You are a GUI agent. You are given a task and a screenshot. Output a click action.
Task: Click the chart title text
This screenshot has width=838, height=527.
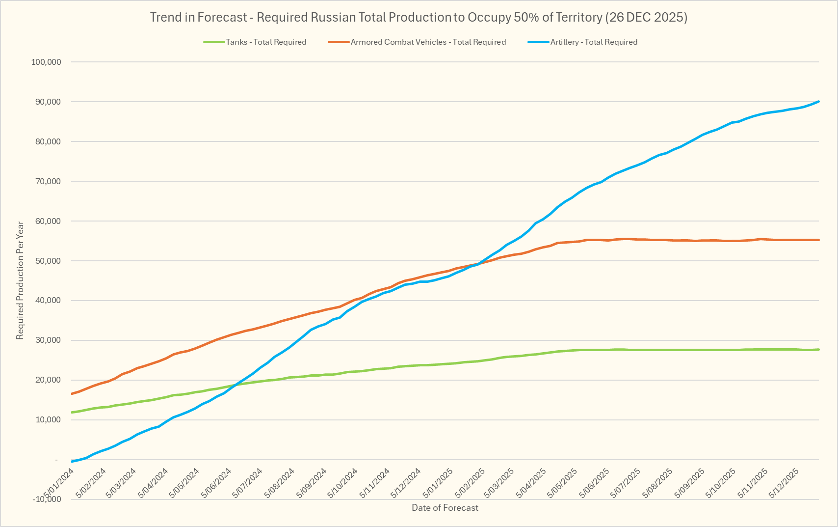pyautogui.click(x=419, y=18)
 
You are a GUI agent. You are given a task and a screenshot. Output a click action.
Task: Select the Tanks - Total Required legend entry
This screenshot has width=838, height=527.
pyautogui.click(x=265, y=42)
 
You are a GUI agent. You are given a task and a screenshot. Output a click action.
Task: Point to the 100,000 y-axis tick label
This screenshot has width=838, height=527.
pyautogui.click(x=46, y=62)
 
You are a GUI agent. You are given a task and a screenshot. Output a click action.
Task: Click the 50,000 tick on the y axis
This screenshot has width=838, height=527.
pyautogui.click(x=48, y=261)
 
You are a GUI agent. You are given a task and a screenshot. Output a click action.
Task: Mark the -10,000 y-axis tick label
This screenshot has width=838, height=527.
pyautogui.click(x=46, y=499)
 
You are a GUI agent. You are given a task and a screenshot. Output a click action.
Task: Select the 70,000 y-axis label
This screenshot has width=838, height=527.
pyautogui.click(x=48, y=181)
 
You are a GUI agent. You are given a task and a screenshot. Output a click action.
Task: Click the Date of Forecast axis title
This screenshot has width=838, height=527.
pyautogui.click(x=445, y=508)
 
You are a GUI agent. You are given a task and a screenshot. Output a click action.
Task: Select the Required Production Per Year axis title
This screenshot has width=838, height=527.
pyautogui.click(x=20, y=280)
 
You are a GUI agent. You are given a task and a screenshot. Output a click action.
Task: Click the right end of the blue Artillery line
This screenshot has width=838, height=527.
pyautogui.click(x=818, y=102)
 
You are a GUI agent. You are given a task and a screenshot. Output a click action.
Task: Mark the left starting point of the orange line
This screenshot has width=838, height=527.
pyautogui.click(x=72, y=393)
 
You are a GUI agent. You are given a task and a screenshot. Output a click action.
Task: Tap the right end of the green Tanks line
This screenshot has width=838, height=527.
pyautogui.click(x=818, y=349)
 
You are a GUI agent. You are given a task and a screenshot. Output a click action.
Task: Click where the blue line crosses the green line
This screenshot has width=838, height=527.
pyautogui.click(x=235, y=386)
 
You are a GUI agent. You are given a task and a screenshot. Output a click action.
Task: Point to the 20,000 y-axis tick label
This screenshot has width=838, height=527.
pyautogui.click(x=48, y=380)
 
